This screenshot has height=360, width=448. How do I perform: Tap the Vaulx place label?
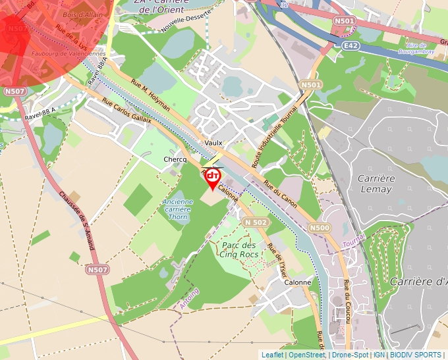pos(213,143)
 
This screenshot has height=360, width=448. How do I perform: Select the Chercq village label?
pos(175,160)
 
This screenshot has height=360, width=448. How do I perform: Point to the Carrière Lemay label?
pos(374,184)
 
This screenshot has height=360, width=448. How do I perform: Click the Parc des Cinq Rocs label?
pos(238,249)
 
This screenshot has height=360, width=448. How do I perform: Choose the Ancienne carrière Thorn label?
pos(178,209)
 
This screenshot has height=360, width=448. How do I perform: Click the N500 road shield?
pos(320,228)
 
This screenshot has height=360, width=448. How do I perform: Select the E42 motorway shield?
pos(350,45)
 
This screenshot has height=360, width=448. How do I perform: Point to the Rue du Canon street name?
pos(280,195)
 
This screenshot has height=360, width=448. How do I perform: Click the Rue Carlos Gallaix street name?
pos(127,111)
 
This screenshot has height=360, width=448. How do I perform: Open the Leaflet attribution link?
pos(272,355)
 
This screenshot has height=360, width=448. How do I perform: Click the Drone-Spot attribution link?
pos(350,355)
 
